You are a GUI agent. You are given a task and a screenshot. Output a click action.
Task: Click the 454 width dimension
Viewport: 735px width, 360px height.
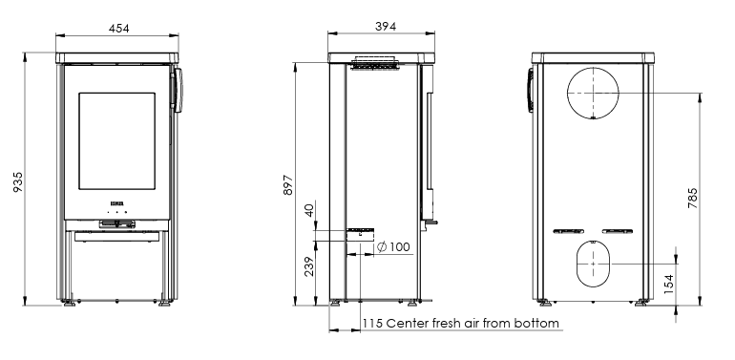117,28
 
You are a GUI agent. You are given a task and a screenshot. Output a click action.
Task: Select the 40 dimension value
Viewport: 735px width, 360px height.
309,210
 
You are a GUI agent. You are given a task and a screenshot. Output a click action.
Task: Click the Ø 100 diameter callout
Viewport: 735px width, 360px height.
393,247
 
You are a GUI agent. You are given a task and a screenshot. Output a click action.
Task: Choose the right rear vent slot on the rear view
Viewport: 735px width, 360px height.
618,230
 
